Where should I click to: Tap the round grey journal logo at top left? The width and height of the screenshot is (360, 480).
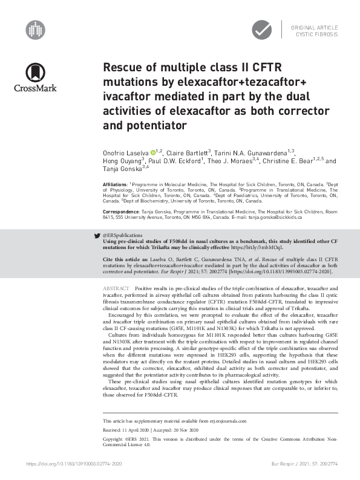35,28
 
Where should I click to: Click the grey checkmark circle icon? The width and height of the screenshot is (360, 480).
262,28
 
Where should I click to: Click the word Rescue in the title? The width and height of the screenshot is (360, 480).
123,68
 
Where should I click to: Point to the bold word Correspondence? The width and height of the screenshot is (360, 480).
120,213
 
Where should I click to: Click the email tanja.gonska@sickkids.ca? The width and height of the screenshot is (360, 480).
292,219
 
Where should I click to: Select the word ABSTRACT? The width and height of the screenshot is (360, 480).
116,289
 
